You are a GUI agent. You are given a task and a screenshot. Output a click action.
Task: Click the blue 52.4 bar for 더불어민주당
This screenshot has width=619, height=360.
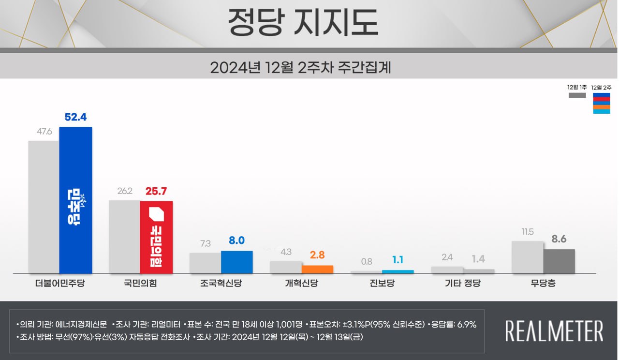point(75,200)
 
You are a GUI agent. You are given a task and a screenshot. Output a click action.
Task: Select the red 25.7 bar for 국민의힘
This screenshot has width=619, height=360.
point(156,237)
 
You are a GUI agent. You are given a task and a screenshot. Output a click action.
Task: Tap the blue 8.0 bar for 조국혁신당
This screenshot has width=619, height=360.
point(237,262)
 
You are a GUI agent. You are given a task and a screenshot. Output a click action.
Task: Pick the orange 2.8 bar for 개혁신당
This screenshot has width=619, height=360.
point(317,270)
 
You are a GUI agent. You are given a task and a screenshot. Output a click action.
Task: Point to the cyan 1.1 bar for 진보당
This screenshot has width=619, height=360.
point(398,272)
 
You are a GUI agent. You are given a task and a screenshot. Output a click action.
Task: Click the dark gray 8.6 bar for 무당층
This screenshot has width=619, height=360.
point(559,261)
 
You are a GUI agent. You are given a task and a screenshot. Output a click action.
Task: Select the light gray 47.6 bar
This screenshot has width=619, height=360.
point(44,207)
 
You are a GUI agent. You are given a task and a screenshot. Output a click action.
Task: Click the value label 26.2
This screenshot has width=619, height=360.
point(125,191)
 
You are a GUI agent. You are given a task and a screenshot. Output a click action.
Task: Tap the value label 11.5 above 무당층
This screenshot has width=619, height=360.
point(527,232)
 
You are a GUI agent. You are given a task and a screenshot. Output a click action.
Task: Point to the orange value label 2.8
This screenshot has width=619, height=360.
point(317,255)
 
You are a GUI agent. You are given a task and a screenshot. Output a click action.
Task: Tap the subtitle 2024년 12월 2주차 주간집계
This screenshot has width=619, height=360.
point(301,67)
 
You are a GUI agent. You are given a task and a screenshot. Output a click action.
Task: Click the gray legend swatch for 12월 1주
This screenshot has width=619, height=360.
point(577,96)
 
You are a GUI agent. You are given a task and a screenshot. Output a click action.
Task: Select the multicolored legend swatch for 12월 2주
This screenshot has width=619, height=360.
point(601,103)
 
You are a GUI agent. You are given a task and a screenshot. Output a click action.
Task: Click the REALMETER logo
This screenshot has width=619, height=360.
point(554,331)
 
